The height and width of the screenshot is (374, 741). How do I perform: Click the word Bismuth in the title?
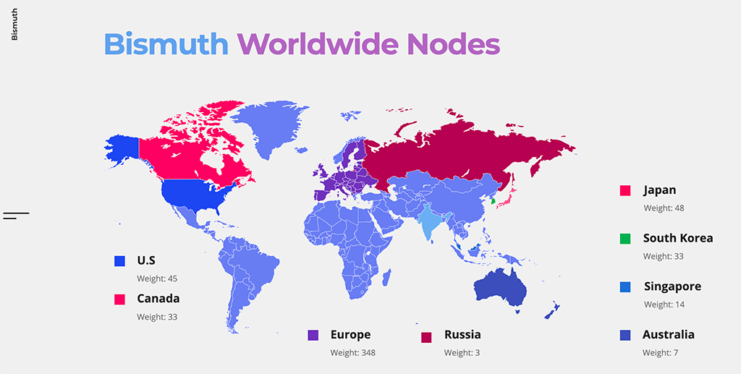pyautogui.click(x=166, y=44)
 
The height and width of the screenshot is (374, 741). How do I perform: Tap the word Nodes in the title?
pyautogui.click(x=452, y=44)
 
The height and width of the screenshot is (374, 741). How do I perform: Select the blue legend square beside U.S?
pyautogui.click(x=119, y=261)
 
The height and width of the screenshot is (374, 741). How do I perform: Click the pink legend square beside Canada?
pyautogui.click(x=119, y=299)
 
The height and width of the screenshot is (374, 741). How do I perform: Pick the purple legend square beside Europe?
pyautogui.click(x=313, y=335)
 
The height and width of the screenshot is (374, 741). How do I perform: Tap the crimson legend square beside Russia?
pyautogui.click(x=426, y=336)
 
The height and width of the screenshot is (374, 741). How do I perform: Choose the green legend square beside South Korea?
pyautogui.click(x=625, y=238)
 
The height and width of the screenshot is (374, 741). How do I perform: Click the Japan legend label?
pyautogui.click(x=659, y=190)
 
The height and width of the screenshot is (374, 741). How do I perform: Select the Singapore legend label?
pyautogui.click(x=672, y=286)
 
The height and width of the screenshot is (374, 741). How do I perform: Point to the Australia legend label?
pyautogui.click(x=669, y=334)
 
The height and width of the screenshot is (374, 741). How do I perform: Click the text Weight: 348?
pyautogui.click(x=352, y=353)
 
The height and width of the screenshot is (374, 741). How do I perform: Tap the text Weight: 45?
pyautogui.click(x=157, y=279)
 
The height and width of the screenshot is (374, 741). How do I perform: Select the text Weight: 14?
pyautogui.click(x=664, y=305)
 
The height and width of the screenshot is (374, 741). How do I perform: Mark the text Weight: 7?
pyautogui.click(x=661, y=353)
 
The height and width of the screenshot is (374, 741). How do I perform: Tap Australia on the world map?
pyautogui.click(x=499, y=289)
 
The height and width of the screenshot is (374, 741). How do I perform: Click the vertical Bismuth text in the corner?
pyautogui.click(x=14, y=25)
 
